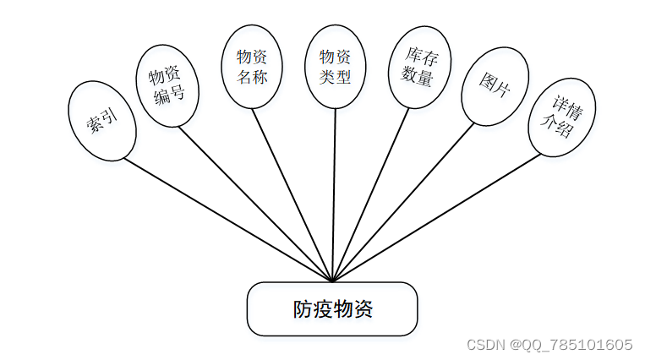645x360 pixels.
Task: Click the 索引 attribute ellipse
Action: [x=101, y=121]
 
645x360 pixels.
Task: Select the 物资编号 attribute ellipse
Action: [x=167, y=85]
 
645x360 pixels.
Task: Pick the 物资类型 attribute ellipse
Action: [x=335, y=67]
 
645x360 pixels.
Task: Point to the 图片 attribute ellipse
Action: [x=495, y=85]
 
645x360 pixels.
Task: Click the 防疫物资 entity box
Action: [x=332, y=308]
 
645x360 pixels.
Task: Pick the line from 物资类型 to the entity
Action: [x=334, y=194]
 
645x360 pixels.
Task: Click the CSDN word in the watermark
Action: [x=485, y=345]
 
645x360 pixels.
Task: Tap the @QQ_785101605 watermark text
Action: [x=571, y=345]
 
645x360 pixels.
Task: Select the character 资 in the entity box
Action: [x=363, y=309]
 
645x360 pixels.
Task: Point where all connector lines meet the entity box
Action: [x=333, y=281]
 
